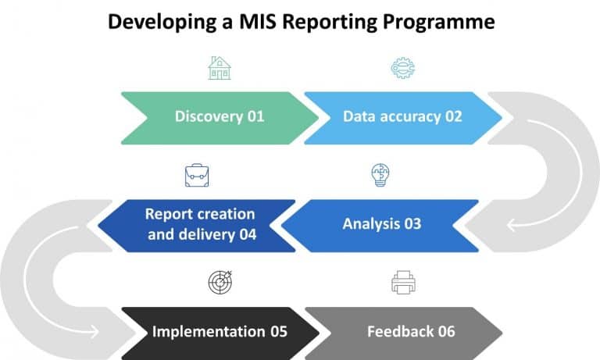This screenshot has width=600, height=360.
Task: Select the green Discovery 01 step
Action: (x=219, y=116)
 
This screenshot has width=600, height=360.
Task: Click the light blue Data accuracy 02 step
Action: (x=402, y=116)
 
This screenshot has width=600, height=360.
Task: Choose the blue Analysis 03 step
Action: (x=381, y=224)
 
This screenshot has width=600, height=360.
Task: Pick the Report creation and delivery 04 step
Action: (x=199, y=224)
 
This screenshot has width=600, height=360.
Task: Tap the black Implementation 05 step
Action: (x=220, y=331)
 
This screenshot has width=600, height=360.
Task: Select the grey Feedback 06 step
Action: (x=403, y=331)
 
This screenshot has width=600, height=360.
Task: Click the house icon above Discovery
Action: (x=220, y=68)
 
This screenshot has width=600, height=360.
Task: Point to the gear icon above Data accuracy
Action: (x=402, y=68)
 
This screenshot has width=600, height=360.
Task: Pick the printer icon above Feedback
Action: (x=403, y=282)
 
